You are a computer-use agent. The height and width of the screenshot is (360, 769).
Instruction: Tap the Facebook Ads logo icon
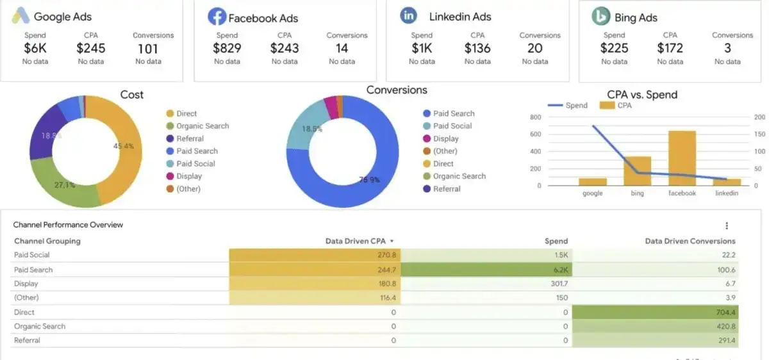(x=217, y=17)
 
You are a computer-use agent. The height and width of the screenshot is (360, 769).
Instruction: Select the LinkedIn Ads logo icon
(x=408, y=16)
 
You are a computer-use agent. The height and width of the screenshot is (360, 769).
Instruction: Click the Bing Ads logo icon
(x=600, y=17)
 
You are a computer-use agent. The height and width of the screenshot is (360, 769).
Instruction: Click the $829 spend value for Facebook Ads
(x=227, y=48)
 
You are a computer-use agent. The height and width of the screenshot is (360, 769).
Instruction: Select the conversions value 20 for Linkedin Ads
(x=534, y=48)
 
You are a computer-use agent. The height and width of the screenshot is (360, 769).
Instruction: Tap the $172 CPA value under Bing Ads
(x=670, y=48)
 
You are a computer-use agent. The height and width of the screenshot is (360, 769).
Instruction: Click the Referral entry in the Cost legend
(x=190, y=138)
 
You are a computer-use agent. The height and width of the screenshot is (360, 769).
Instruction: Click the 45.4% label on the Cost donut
(x=123, y=146)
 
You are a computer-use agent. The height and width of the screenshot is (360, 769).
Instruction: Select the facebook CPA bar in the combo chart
(x=682, y=158)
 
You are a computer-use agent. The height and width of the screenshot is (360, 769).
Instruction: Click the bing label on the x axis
(x=637, y=193)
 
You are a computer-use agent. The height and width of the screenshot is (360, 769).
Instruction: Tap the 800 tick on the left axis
(x=535, y=117)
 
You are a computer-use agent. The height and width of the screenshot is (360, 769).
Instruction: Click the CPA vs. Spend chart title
(x=641, y=95)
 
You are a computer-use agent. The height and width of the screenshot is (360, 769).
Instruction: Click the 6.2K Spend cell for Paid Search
(x=559, y=270)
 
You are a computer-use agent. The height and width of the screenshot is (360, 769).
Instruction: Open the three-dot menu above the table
(x=727, y=225)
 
